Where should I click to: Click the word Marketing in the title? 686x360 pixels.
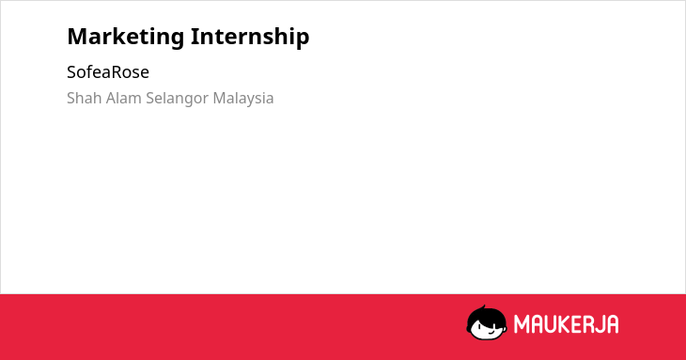(x=126, y=37)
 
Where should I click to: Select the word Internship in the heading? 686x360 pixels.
(x=250, y=36)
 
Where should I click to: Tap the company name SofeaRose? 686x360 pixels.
(x=108, y=72)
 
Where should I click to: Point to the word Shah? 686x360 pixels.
(x=85, y=98)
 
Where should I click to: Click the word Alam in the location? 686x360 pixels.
(x=124, y=98)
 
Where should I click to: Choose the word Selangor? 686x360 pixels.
(x=178, y=99)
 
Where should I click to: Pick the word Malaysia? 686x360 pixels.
(x=243, y=99)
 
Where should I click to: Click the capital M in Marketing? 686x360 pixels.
(x=77, y=37)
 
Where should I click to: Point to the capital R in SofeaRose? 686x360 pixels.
(x=114, y=72)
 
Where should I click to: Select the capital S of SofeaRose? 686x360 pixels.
(x=71, y=72)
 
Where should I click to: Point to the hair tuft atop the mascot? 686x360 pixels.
(x=483, y=307)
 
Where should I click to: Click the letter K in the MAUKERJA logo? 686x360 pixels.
(x=557, y=324)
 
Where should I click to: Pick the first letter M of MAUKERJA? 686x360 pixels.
(x=521, y=324)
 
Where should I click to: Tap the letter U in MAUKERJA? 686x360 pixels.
(x=545, y=324)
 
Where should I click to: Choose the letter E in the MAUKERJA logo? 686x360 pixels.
(x=569, y=324)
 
